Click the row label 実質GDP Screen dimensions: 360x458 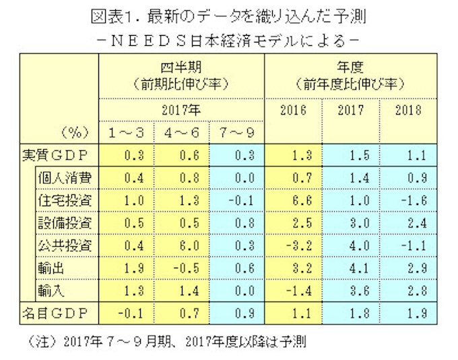[58, 156]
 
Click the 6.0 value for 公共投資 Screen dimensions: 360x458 [183, 245]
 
